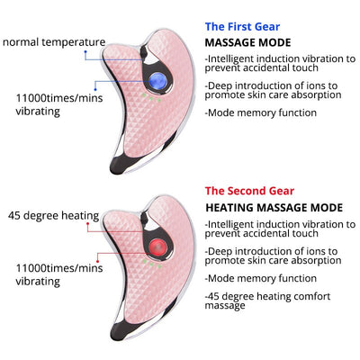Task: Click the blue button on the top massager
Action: [x=157, y=80]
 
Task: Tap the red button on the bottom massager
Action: [x=157, y=247]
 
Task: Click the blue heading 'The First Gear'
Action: [x=242, y=27]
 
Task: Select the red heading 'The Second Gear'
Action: [x=249, y=191]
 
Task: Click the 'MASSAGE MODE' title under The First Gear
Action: [x=247, y=42]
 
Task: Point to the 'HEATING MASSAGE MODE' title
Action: [x=274, y=208]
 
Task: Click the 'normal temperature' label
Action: [x=54, y=42]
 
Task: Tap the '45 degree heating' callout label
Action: [x=53, y=215]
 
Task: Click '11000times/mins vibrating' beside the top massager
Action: [x=59, y=104]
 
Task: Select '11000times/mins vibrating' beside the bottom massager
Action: [x=59, y=274]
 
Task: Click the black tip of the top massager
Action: [x=119, y=166]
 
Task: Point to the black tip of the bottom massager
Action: [x=119, y=331]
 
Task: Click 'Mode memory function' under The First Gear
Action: [x=261, y=112]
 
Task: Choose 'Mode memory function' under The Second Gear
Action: [x=261, y=278]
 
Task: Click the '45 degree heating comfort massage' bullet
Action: [x=267, y=301]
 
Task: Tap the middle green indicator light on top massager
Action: [x=151, y=98]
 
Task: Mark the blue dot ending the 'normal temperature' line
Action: [x=85, y=52]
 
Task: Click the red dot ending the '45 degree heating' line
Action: [x=87, y=223]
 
